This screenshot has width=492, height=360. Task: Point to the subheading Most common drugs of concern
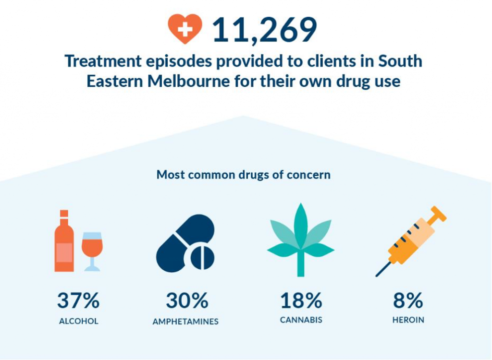[243, 174]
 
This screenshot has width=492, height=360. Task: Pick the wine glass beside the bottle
[92, 250]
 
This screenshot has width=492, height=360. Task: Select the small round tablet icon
[202, 258]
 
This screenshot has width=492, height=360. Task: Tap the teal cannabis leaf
[301, 235]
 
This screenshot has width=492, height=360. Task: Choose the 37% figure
[78, 301]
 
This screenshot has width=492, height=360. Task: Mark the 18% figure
[301, 301]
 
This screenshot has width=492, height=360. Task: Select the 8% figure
[408, 301]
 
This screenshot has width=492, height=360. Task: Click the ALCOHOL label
[78, 321]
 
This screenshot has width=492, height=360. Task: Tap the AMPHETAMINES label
[185, 322]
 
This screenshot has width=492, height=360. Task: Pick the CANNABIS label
[301, 320]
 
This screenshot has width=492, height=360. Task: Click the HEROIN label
[407, 320]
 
